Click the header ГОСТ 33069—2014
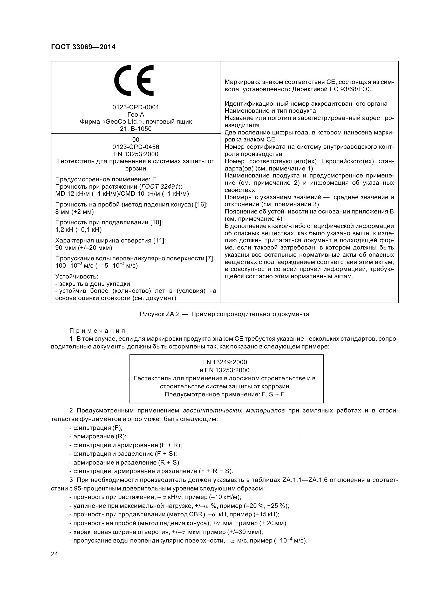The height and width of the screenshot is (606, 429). tap(83, 47)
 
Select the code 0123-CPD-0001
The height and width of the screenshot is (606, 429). tap(135, 107)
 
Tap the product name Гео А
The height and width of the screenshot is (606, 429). tap(135, 115)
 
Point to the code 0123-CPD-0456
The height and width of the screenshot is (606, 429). tap(135, 147)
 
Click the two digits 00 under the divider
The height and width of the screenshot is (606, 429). tap(135, 140)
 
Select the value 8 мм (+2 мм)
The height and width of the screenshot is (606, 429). tap(74, 212)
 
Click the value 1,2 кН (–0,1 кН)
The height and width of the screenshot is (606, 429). tap(78, 230)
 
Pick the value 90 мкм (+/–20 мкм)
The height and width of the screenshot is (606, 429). tap(84, 248)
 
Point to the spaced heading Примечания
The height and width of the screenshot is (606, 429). tap(97, 331)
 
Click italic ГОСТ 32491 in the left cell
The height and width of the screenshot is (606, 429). tap(161, 187)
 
